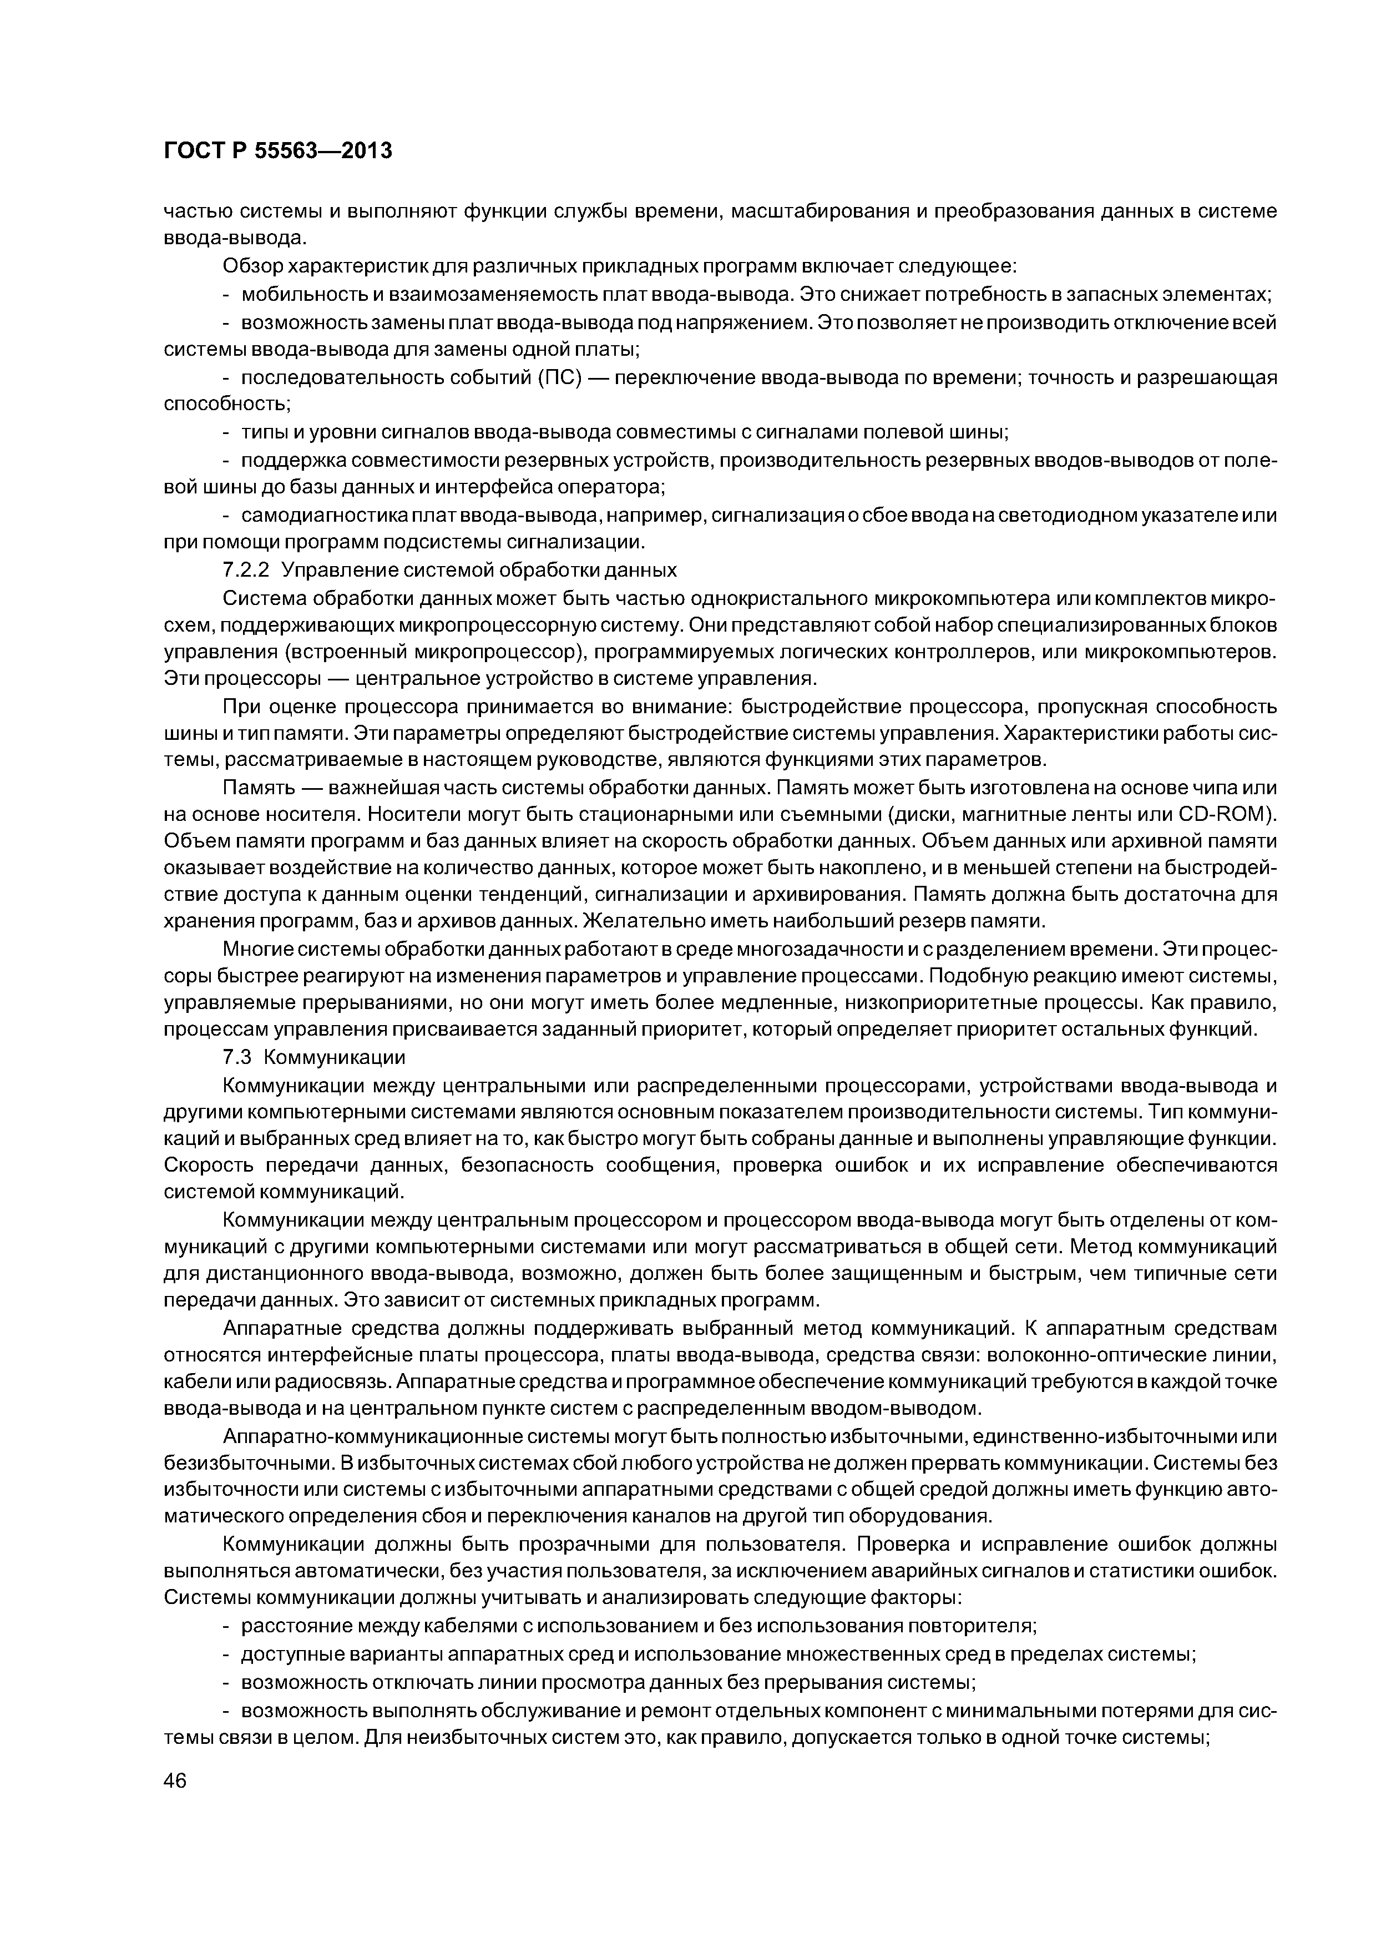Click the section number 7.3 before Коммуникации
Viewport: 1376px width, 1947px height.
(237, 1057)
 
